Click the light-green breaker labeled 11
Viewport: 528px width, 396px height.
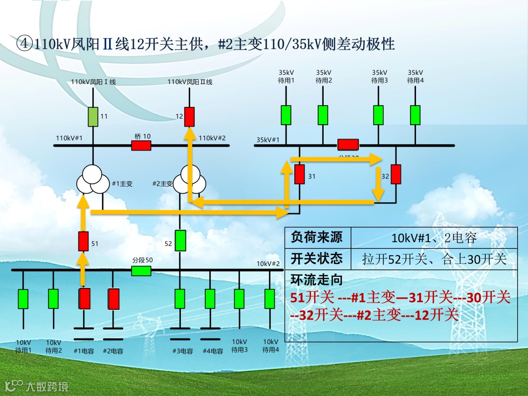click(x=93, y=116)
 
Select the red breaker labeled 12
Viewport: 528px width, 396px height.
click(x=189, y=117)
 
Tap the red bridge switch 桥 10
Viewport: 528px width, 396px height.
click(x=141, y=145)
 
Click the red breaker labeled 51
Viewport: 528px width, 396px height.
click(x=84, y=241)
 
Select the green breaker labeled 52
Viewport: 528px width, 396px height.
click(x=180, y=241)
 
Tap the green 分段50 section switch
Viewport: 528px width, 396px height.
click(x=141, y=270)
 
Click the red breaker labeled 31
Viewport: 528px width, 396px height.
click(x=300, y=175)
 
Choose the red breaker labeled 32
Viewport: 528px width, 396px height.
click(x=396, y=175)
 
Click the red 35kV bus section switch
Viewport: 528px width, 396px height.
click(x=348, y=145)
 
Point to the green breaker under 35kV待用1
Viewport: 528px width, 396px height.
click(x=286, y=115)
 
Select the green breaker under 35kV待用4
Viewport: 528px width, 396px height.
click(x=415, y=115)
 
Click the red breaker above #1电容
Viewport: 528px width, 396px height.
click(x=85, y=299)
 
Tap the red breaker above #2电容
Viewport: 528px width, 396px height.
click(x=114, y=299)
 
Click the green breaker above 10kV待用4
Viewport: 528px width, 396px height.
click(x=269, y=299)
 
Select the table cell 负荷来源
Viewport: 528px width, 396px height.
click(x=317, y=238)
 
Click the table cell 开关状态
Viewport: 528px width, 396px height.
click(x=317, y=258)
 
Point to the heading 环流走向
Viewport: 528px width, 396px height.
click(x=317, y=280)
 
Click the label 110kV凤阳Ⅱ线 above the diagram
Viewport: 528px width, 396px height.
click(x=190, y=82)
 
